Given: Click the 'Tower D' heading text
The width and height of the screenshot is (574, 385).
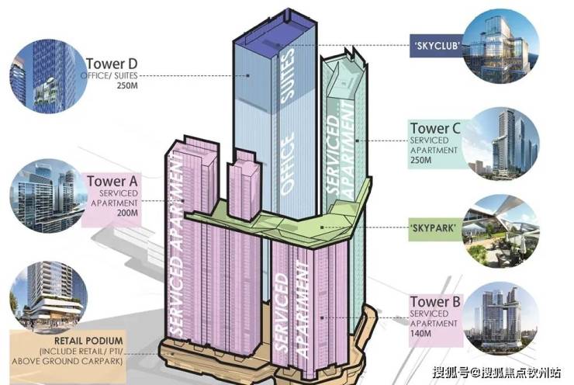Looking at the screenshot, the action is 112,64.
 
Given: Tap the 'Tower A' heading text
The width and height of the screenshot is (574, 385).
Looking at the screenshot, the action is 112,181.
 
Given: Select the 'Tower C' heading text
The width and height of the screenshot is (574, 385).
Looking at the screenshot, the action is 435,128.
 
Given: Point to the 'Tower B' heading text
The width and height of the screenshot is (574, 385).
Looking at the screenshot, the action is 435,301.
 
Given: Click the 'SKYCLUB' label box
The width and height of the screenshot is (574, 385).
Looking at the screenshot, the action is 437,46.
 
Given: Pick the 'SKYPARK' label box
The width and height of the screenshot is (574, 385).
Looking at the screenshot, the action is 435,228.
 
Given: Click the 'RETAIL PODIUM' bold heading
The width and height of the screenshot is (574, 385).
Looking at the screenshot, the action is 88,341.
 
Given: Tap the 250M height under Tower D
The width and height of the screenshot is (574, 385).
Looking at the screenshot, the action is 127,86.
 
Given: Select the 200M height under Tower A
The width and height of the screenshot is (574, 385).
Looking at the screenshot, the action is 127,213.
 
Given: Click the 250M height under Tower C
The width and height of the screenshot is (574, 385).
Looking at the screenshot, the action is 420,160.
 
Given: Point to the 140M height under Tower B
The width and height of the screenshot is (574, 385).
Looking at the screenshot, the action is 420,333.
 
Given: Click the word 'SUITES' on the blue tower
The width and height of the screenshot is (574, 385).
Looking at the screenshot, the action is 287,75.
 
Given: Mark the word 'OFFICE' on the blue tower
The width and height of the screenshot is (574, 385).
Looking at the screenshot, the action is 287,163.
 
